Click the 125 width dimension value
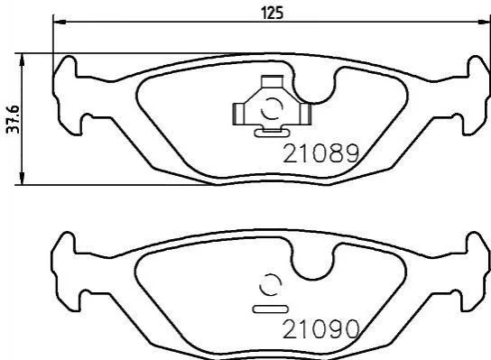272,14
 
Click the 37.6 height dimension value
14,120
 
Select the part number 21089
320,153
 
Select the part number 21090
320,329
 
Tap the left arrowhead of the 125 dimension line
60,22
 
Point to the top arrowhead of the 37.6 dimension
22,60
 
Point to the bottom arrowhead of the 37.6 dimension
22,179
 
